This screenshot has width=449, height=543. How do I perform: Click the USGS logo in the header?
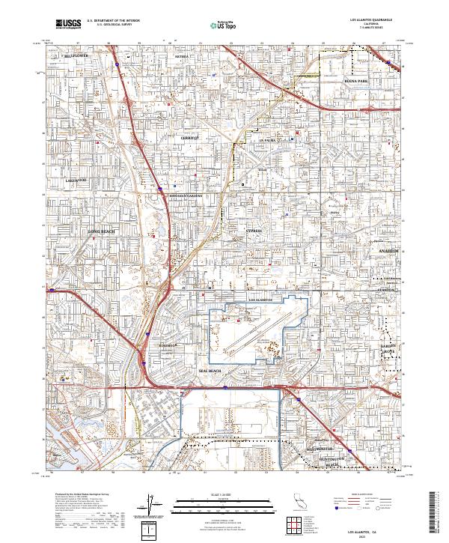point(68,24)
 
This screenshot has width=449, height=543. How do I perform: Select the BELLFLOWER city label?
point(75,55)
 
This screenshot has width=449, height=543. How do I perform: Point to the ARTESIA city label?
point(182,56)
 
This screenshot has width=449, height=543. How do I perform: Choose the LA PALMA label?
point(268,140)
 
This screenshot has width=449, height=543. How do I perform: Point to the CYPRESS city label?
point(254,231)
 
